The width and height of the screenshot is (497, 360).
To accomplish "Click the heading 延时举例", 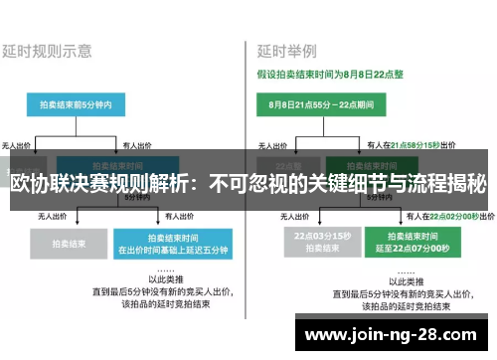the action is click(x=287, y=49).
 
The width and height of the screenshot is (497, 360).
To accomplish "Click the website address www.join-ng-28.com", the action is click(x=395, y=335).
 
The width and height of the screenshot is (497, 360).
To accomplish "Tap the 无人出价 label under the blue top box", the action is click(x=19, y=144).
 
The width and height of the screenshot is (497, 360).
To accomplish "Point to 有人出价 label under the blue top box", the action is click(x=140, y=144).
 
